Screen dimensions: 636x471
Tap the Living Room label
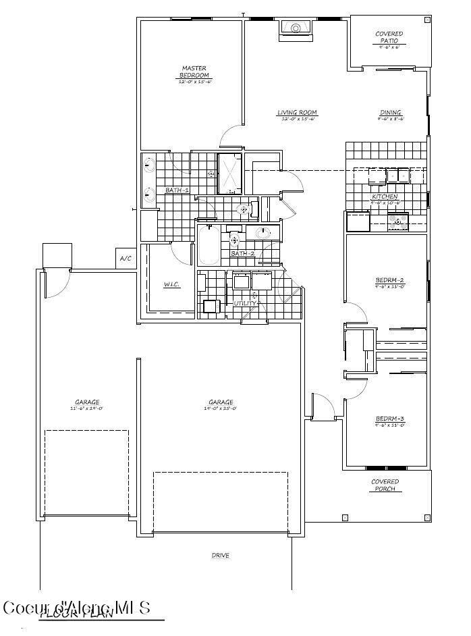(297, 113)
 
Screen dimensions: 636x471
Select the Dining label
(390, 113)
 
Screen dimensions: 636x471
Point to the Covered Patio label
(389, 37)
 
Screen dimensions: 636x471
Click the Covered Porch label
(385, 485)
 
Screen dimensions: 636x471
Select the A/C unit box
(125, 258)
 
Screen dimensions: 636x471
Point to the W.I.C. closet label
(171, 284)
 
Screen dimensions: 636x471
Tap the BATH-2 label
(242, 253)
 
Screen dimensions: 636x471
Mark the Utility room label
(244, 303)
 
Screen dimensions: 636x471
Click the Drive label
(221, 556)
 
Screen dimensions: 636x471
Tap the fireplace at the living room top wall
(295, 28)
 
